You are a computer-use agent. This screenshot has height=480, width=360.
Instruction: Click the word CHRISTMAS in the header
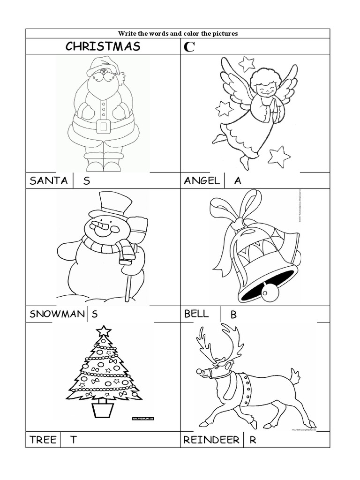[103, 46]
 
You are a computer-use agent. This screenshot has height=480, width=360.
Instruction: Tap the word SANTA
[48, 181]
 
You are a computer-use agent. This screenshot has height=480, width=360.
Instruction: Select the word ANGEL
[202, 181]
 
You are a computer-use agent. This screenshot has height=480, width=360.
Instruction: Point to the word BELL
[196, 314]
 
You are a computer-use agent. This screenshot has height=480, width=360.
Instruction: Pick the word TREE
[43, 440]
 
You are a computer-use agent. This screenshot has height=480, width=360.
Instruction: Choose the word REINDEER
[211, 440]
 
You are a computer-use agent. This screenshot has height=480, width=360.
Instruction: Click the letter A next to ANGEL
[238, 181]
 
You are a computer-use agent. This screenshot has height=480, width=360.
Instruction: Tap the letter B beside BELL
[233, 315]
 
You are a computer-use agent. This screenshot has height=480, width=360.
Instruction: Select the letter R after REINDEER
[253, 440]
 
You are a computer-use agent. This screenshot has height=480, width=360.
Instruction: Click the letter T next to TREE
[74, 440]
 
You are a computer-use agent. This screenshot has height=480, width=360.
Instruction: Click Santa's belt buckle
[103, 126]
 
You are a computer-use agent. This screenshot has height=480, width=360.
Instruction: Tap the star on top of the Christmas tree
[103, 331]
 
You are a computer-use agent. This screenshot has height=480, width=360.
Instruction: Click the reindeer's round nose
[200, 371]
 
